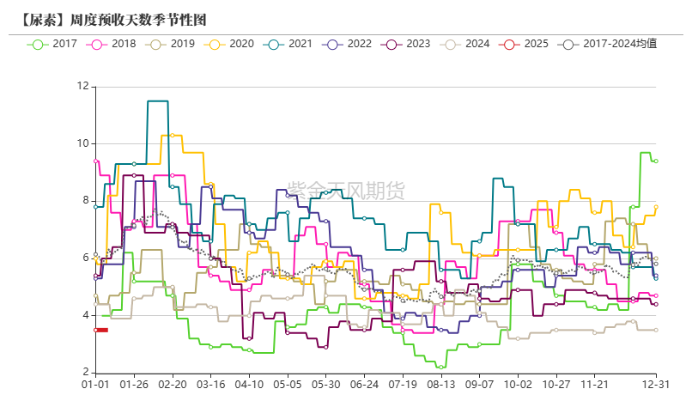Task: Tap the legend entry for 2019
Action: (x=172, y=43)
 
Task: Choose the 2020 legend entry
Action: (x=230, y=43)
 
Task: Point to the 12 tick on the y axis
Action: (x=82, y=86)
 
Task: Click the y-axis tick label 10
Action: (x=82, y=143)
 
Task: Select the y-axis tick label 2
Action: (x=85, y=373)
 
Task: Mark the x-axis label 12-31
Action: (x=656, y=386)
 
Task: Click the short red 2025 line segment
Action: (x=101, y=330)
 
